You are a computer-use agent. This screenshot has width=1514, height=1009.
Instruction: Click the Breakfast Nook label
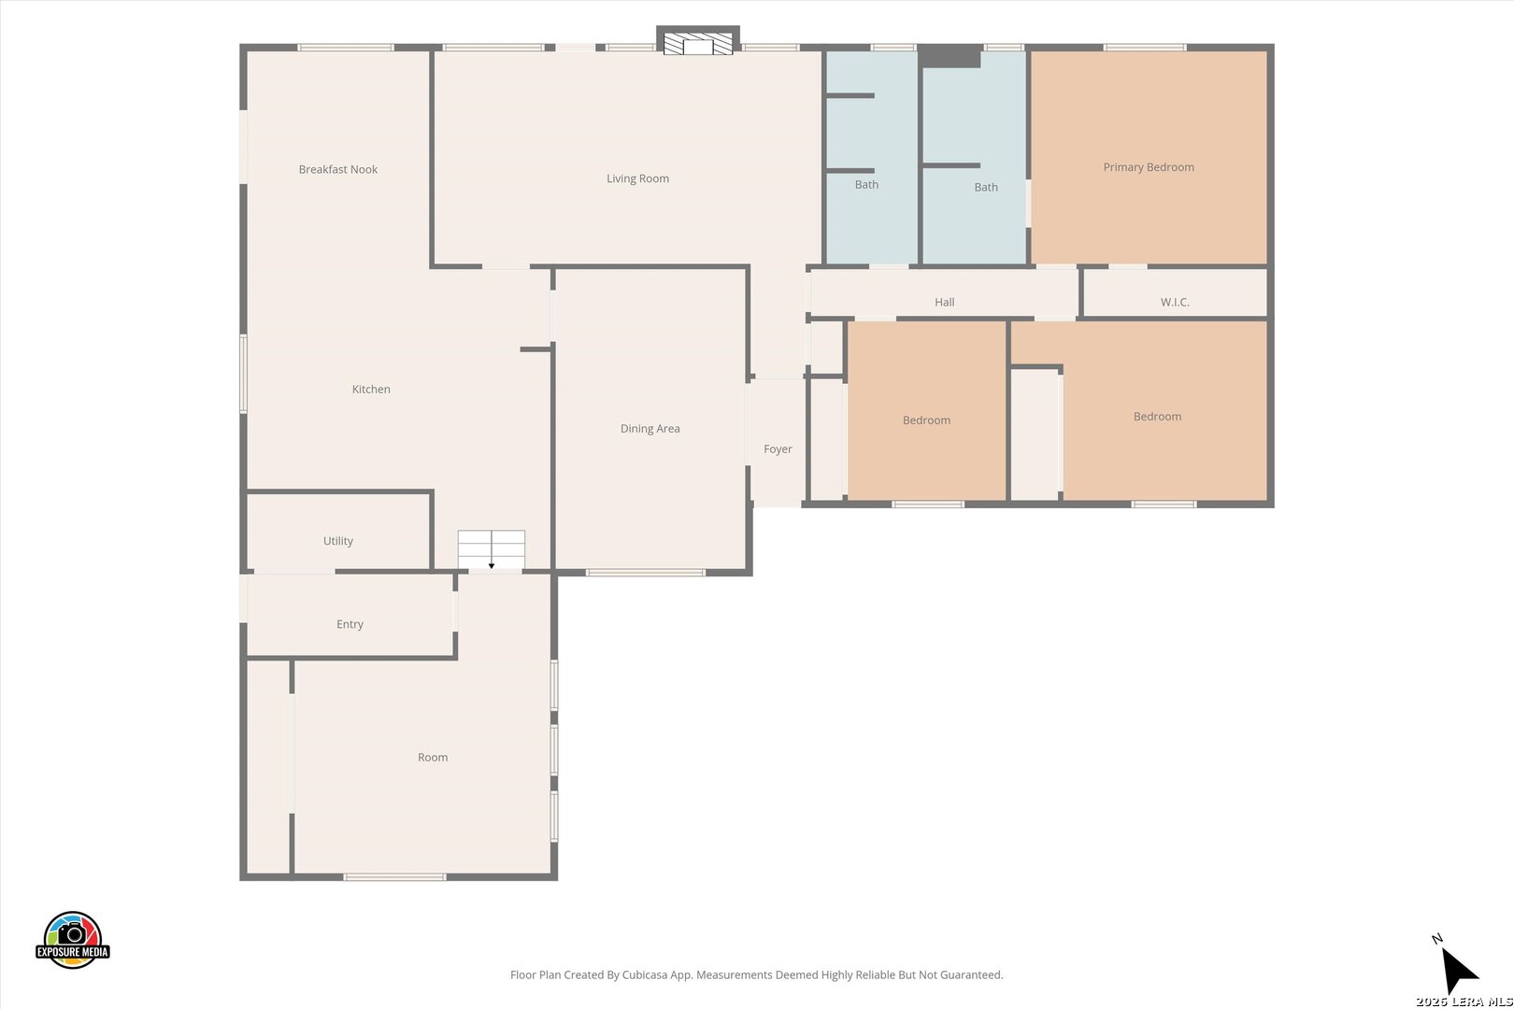338,169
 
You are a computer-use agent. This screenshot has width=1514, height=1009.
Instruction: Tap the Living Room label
637,178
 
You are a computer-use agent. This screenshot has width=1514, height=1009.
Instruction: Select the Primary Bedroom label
1149,167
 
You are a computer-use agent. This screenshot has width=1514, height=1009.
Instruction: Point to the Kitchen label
371,390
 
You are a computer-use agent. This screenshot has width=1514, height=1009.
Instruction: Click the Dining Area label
650,429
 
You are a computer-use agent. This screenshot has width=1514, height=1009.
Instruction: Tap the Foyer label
778,448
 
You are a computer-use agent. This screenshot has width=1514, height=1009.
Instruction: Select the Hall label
944,302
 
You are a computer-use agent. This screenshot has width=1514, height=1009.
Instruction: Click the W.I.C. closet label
1175,302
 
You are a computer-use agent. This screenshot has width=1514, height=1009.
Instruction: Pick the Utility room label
338,541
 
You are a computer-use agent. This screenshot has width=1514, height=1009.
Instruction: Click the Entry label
350,624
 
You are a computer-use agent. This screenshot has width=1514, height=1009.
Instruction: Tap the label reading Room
433,757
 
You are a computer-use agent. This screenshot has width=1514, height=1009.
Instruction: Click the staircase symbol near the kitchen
492,550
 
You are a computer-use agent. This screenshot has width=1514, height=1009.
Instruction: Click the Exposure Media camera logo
72,940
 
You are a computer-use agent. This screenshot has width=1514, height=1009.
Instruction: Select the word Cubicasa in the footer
646,974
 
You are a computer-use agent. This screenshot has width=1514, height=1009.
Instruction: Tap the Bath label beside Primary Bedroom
985,187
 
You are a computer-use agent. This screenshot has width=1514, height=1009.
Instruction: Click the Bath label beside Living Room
866,184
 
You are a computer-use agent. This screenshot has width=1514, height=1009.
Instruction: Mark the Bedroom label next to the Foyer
926,420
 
